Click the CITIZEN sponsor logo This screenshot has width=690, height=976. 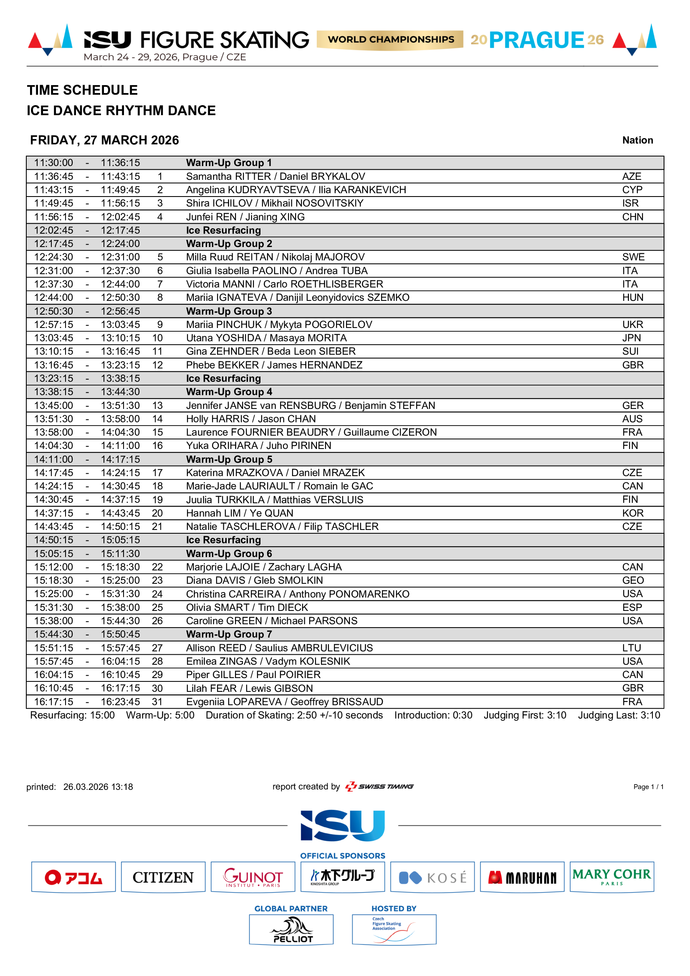point(163,878)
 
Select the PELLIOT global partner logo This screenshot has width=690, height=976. point(291,930)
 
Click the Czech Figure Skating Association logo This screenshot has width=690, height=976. point(394,930)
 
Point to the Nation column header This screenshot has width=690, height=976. point(637,140)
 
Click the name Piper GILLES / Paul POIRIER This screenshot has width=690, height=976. point(253,675)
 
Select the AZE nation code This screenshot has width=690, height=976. point(632,177)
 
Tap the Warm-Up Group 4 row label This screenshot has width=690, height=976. point(229,392)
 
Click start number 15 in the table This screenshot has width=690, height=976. point(158,432)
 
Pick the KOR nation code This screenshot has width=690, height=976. point(633,513)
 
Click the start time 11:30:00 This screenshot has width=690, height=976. point(53,163)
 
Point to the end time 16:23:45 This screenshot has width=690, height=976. point(120,702)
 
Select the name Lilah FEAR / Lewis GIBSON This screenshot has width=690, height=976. point(250,688)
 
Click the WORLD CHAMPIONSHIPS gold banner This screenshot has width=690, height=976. point(390,40)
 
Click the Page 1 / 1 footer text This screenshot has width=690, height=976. point(648,787)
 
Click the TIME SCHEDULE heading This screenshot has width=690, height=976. point(83,90)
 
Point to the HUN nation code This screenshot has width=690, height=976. point(633,298)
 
